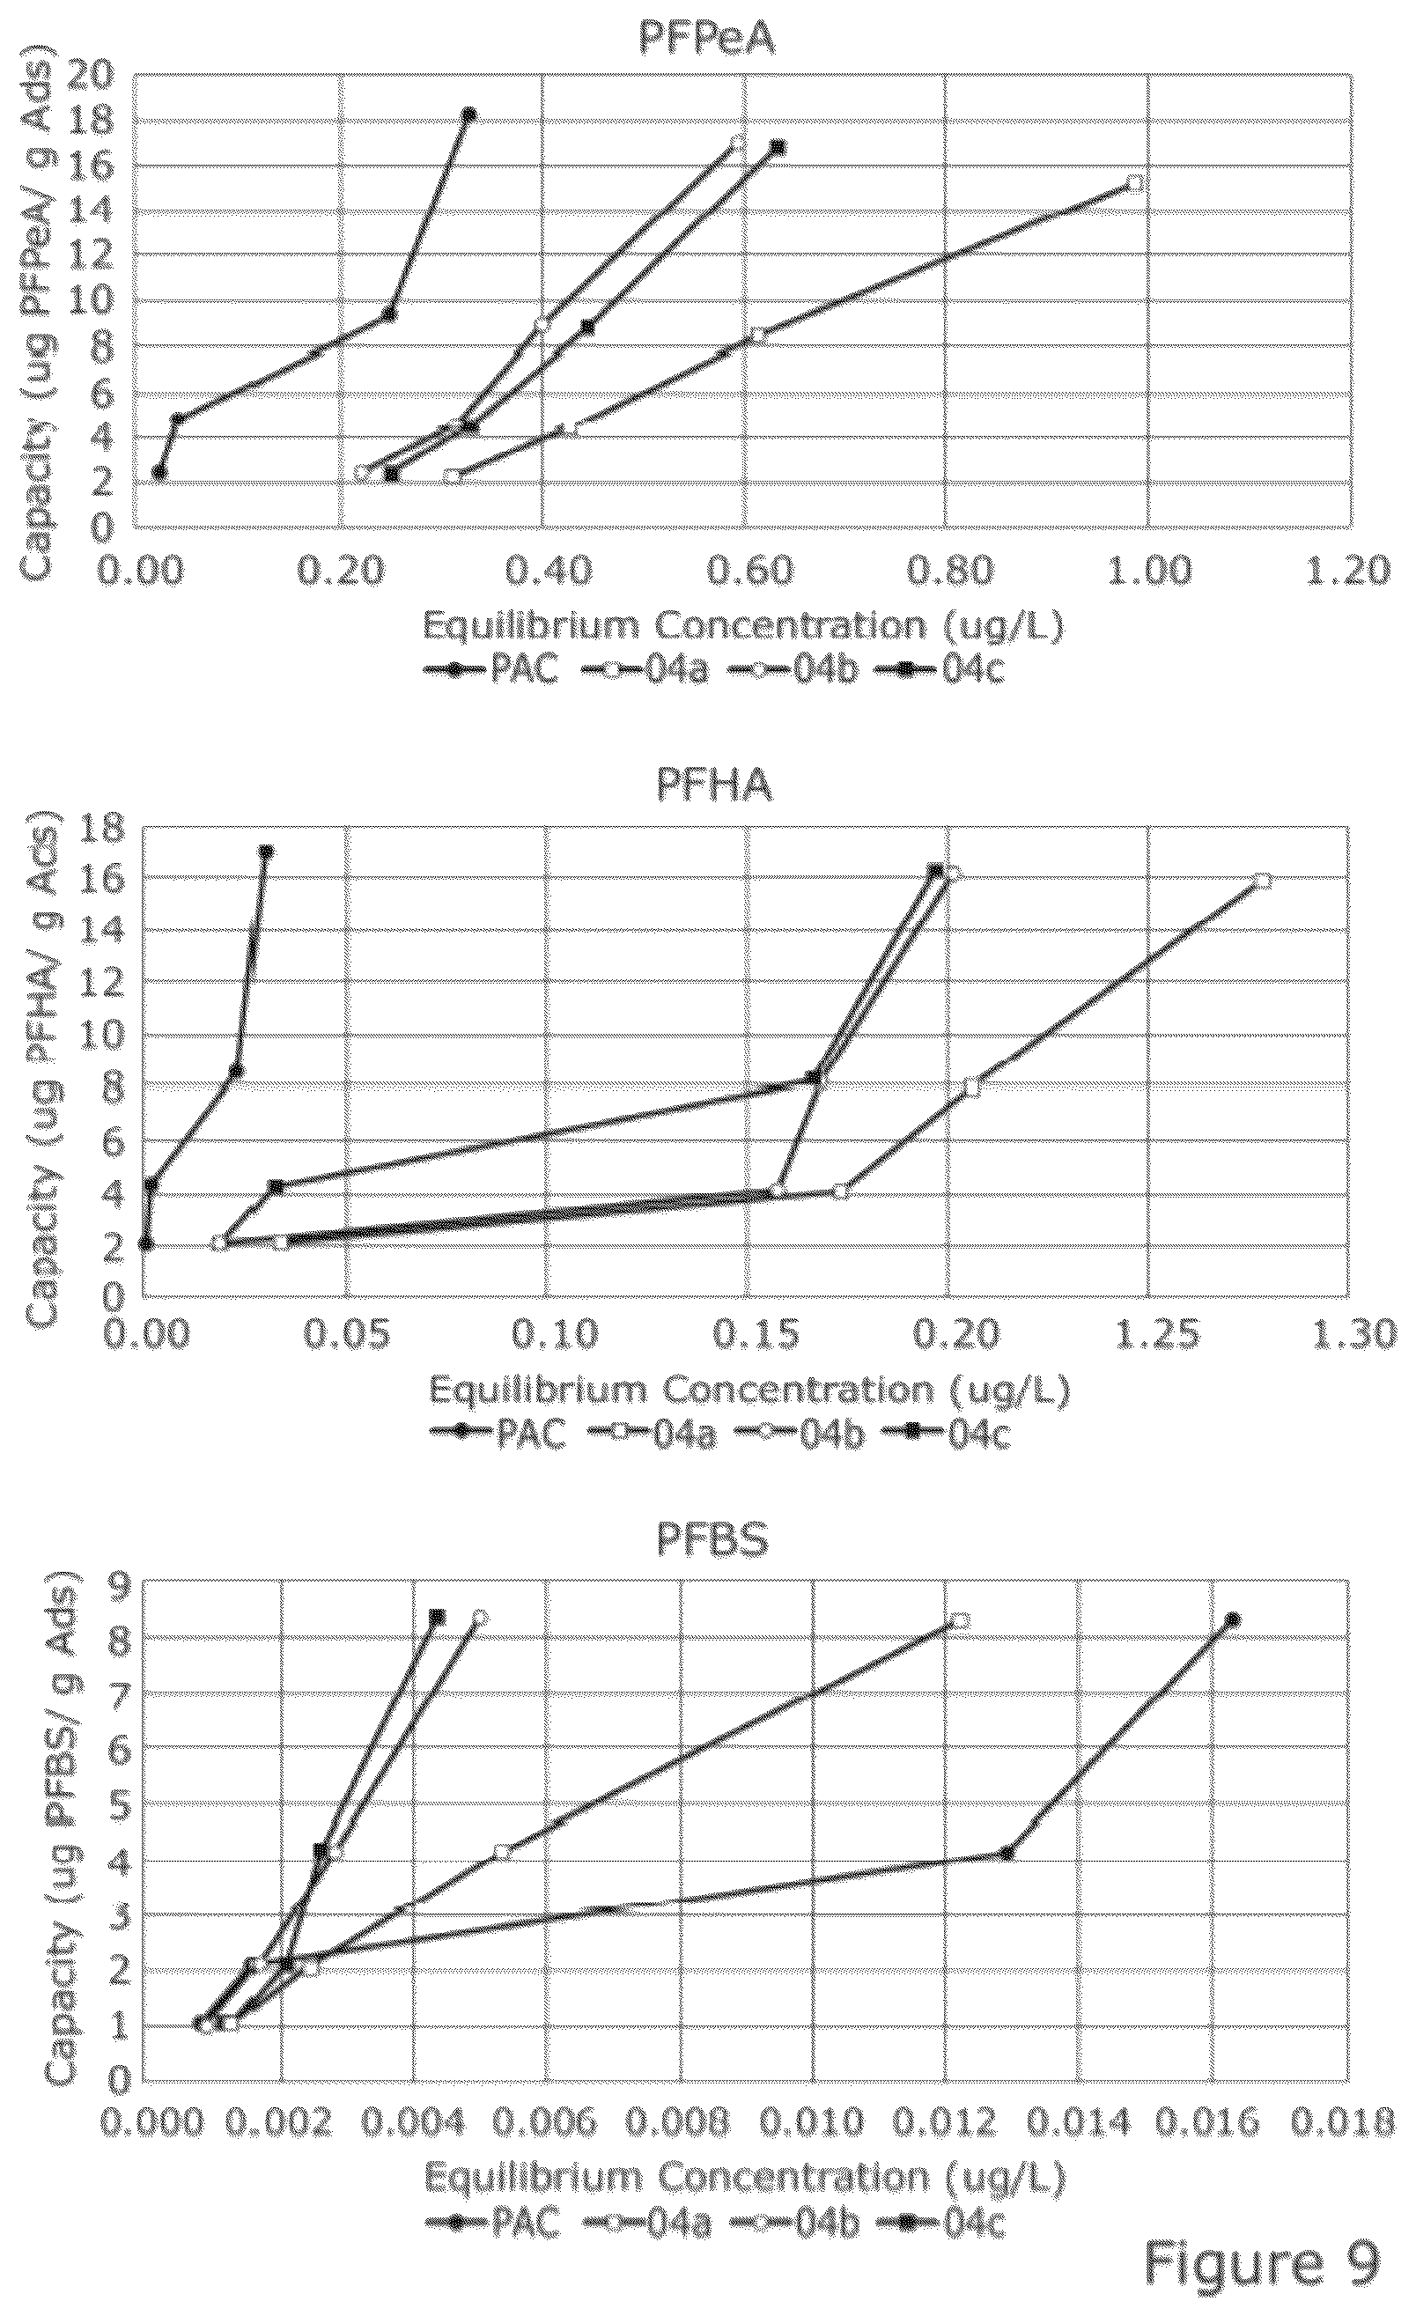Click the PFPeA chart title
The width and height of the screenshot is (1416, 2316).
tap(706, 38)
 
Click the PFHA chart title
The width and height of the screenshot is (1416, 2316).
tap(714, 786)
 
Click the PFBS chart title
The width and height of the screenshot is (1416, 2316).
tap(712, 1539)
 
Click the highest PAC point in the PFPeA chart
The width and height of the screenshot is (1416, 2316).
tap(468, 114)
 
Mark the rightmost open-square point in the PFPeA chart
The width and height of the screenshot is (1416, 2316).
tap(1134, 183)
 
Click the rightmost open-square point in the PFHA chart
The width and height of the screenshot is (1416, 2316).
tap(1263, 881)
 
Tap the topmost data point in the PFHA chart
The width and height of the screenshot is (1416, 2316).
tap(266, 852)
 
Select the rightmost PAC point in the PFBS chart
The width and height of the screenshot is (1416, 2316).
tap(1233, 1619)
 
